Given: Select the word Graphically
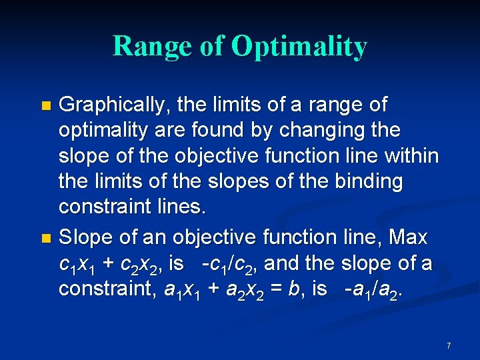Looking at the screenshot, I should pyautogui.click(x=116, y=105).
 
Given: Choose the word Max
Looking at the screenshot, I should pyautogui.click(x=407, y=237).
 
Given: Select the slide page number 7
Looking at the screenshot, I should pyautogui.click(x=449, y=345).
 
